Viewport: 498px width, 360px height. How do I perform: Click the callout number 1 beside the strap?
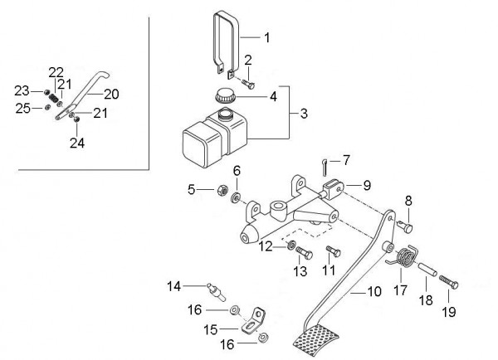pos(267,37)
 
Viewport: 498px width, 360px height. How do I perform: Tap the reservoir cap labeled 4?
pos(226,96)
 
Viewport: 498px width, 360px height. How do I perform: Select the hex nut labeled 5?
pos(222,191)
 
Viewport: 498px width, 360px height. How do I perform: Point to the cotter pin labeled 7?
pos(325,168)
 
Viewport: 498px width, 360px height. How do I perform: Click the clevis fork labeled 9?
pos(333,188)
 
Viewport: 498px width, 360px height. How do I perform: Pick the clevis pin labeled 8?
pos(405,226)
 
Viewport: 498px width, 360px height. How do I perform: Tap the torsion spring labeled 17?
pos(403,255)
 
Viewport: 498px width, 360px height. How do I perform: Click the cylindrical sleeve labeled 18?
pos(427,270)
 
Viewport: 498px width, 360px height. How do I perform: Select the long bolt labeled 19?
pos(449,283)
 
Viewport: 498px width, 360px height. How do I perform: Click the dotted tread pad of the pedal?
pos(315,341)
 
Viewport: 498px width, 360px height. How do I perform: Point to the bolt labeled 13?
pos(305,253)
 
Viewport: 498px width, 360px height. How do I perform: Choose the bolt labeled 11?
pos(333,251)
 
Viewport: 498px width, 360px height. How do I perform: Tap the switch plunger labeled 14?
pos(216,292)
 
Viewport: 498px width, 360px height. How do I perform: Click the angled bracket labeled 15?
pos(253,321)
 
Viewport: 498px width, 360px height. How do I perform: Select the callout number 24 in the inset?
pos(77,144)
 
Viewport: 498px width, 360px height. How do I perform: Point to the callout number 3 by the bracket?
pos(304,114)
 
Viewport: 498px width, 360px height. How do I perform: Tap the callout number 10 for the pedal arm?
pos(374,291)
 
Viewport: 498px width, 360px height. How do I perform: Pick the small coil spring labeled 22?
pos(56,97)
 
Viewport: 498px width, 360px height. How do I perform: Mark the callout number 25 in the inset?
pos(23,109)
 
